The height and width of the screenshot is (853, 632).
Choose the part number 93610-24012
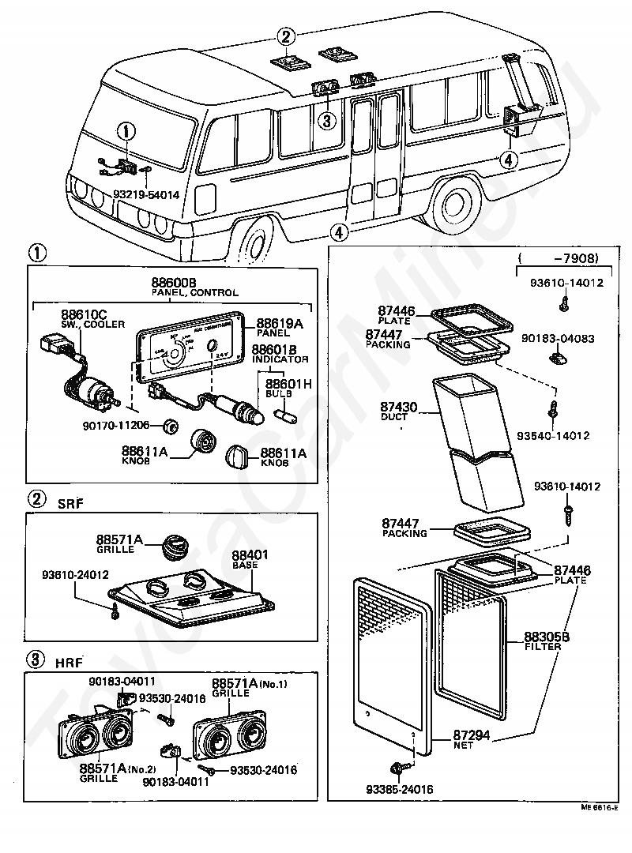[x=75, y=574]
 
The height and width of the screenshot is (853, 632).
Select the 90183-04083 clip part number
[x=558, y=338]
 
